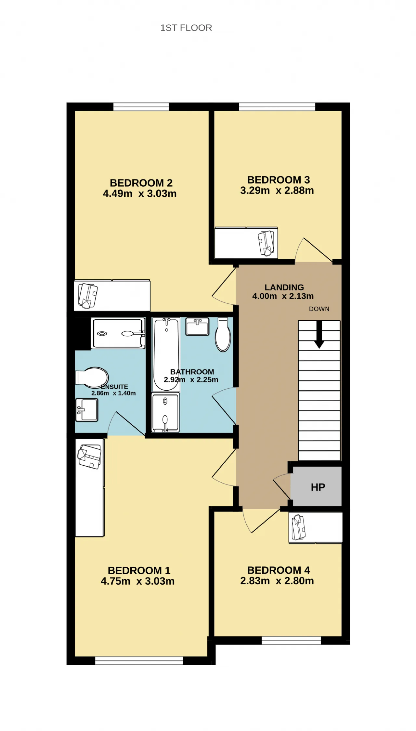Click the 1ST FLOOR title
pyautogui.click(x=186, y=28)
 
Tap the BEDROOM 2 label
pyautogui.click(x=141, y=183)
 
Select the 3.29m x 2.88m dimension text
pyautogui.click(x=277, y=191)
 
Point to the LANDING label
pyautogui.click(x=284, y=287)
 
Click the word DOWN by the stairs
pyautogui.click(x=319, y=309)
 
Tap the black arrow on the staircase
pyautogui.click(x=319, y=335)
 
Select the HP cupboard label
pyautogui.click(x=318, y=487)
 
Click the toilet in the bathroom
pyautogui.click(x=223, y=335)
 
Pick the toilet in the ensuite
pyautogui.click(x=92, y=378)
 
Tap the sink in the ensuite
pyautogui.click(x=87, y=410)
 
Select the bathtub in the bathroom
pyautogui.click(x=166, y=354)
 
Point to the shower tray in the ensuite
pyautogui.click(x=118, y=333)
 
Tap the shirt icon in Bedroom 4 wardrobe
pyautogui.click(x=299, y=527)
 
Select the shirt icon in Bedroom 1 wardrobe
pyautogui.click(x=89, y=457)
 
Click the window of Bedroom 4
pyautogui.click(x=291, y=641)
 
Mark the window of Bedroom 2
pyautogui.click(x=141, y=107)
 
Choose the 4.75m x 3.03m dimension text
pyautogui.click(x=137, y=581)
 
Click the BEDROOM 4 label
pyautogui.click(x=279, y=570)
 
